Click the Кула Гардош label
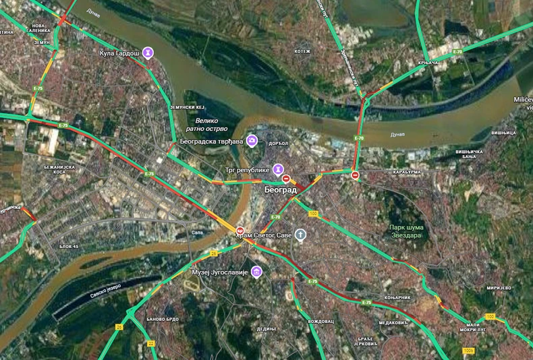[119, 52]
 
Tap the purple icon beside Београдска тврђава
[252, 140]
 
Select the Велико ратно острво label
[207, 123]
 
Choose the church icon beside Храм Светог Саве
[300, 235]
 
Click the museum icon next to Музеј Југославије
[256, 272]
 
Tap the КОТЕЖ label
[302, 51]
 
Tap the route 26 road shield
[119, 327]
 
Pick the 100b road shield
[469, 351]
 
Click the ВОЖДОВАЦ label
[321, 321]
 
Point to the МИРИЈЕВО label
[499, 288]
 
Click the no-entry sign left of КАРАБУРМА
[356, 175]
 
